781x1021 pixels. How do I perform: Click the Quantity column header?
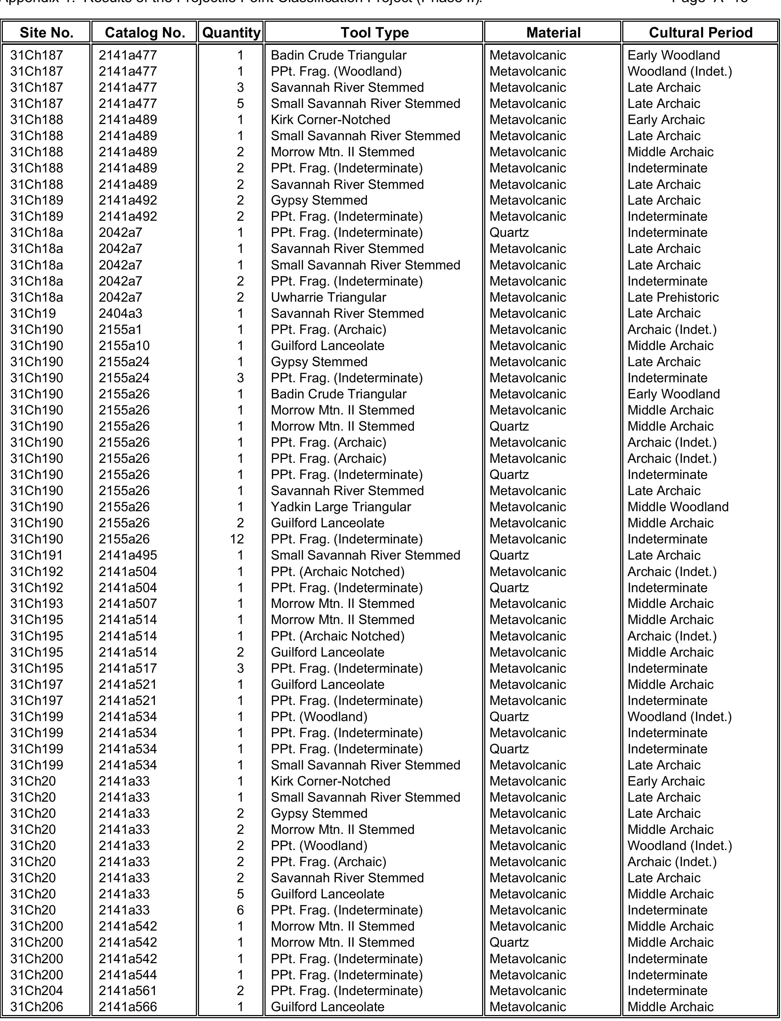[x=231, y=33]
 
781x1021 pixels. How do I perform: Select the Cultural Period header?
[x=700, y=33]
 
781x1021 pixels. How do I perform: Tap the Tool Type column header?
[x=374, y=33]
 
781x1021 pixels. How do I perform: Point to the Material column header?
[x=553, y=33]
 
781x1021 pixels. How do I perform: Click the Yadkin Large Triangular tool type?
[x=341, y=507]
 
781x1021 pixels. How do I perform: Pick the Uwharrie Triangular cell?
[x=328, y=297]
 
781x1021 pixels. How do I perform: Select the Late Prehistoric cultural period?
[x=673, y=297]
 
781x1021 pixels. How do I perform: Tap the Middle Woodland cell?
[x=678, y=507]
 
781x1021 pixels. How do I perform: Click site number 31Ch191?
[x=36, y=555]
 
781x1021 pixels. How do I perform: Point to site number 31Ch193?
[x=36, y=603]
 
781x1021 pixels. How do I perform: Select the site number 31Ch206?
[x=36, y=1007]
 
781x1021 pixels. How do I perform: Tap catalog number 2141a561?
[x=128, y=991]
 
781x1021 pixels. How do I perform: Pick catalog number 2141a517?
[x=128, y=668]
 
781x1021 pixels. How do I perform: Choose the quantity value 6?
[x=240, y=910]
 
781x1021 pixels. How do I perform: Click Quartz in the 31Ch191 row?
[x=509, y=555]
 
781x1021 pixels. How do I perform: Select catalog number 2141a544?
[x=128, y=974]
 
